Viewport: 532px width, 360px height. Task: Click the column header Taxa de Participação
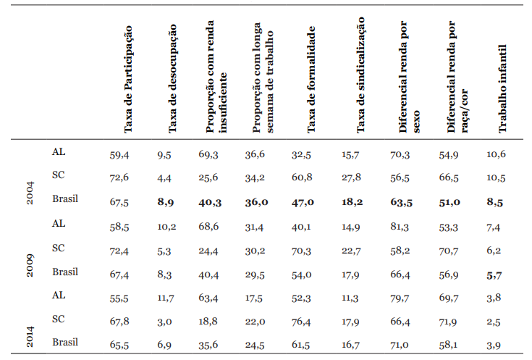(128, 79)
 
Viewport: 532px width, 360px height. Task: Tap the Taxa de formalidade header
(312, 80)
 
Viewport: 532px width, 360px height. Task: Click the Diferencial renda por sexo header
(409, 81)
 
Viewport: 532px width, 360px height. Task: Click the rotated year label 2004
(30, 193)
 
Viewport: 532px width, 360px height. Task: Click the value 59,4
(119, 154)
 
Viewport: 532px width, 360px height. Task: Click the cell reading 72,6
(119, 178)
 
